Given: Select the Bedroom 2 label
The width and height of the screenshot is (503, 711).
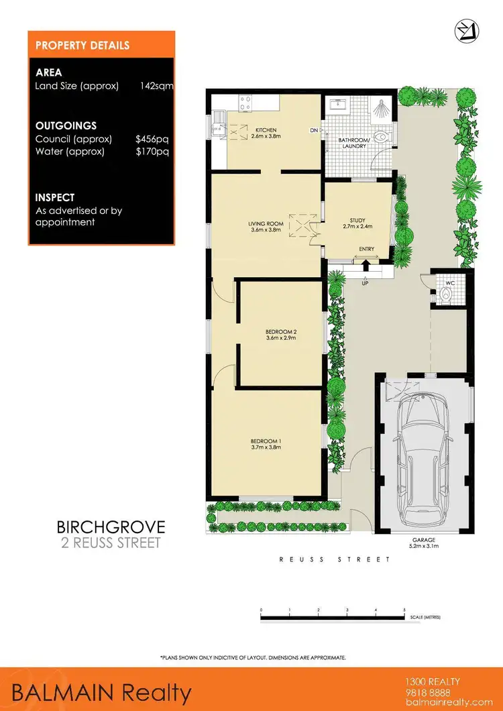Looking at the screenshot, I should click(280, 331).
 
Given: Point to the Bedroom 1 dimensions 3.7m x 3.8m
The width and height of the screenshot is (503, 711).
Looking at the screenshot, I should click(266, 446).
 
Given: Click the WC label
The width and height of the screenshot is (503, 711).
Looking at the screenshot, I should click(450, 282).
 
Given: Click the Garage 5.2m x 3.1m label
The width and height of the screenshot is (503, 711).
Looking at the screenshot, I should click(423, 542).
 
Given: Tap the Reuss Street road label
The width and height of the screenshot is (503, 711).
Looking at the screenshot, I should click(335, 559).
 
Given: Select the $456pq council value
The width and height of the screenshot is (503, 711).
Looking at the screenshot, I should click(152, 139).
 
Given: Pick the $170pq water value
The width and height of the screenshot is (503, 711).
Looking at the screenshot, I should click(152, 152).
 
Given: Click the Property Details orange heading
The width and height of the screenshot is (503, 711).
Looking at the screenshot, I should click(82, 46).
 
